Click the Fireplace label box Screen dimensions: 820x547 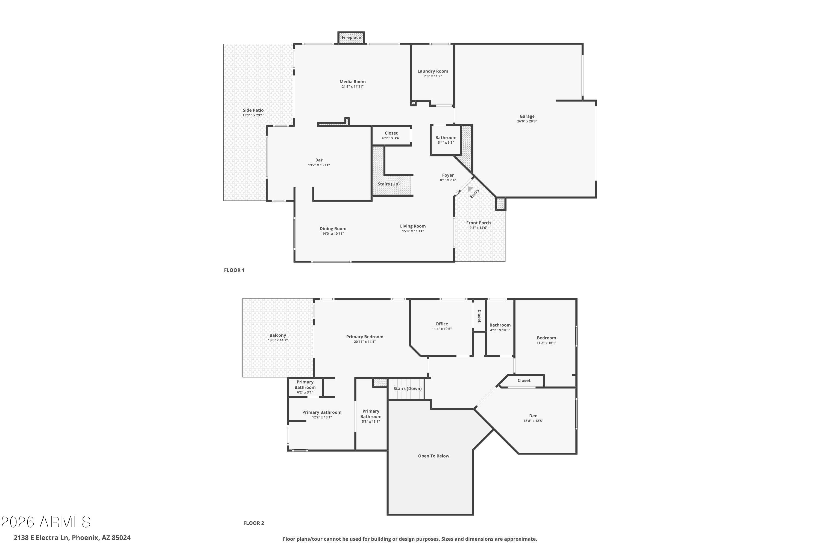pos(351,37)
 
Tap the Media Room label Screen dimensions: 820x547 pos(353,82)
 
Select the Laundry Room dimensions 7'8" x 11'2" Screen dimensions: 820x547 pos(433,76)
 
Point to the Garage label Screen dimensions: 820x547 pos(527,116)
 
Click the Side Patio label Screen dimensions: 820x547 pos(253,110)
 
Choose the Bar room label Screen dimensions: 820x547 pos(319,160)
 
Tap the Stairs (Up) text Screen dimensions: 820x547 pos(388,184)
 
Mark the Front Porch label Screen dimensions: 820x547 pos(478,223)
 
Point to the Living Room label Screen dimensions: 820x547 pos(413,226)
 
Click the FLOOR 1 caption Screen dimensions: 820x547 pos(234,270)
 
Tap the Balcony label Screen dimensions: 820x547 pos(277,335)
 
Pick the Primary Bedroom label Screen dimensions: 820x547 pos(365,337)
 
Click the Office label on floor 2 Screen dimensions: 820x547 pos(442,324)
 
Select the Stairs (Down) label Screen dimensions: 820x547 pos(408,388)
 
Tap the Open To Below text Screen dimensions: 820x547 pos(433,456)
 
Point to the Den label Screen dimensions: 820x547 pos(533,416)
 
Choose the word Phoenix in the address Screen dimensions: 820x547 pos(85,538)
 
